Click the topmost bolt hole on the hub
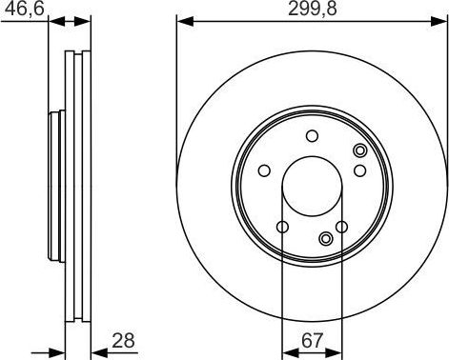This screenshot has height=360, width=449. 312,136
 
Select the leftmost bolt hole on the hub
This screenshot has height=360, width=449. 264,171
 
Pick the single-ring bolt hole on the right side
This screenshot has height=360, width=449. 359,170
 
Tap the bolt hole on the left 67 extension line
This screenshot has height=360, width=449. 282,227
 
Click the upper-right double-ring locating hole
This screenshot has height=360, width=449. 359,150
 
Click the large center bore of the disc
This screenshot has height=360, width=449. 312,185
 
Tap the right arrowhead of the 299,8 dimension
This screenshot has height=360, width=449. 441,21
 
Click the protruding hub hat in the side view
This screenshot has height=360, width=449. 54,185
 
